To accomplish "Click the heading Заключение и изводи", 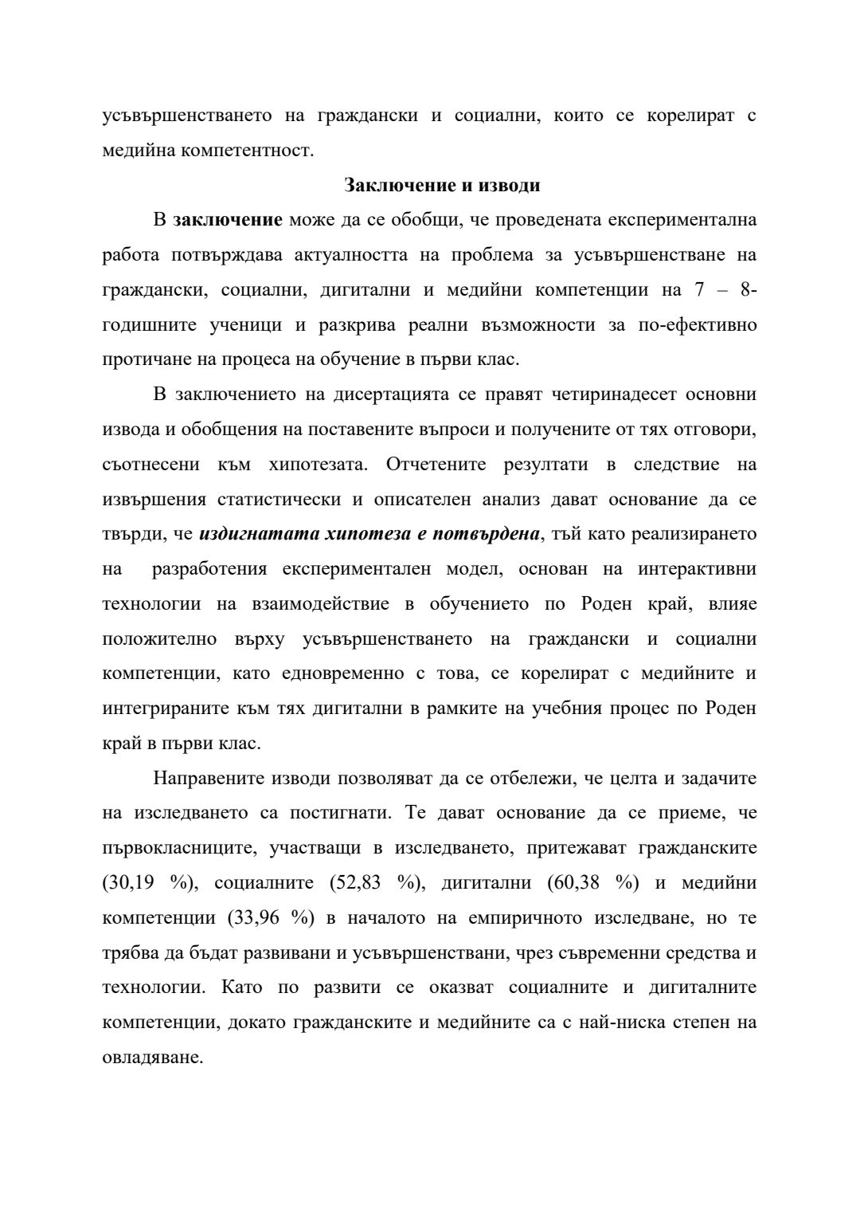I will [x=442, y=186].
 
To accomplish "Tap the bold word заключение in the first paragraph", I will [x=228, y=220].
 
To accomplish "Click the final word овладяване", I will [x=153, y=1058].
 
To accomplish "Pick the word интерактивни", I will [x=697, y=569].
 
